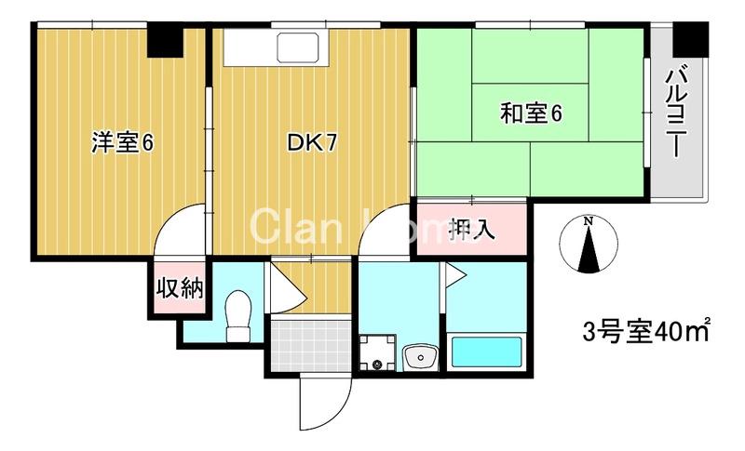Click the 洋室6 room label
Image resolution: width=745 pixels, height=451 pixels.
point(122,143)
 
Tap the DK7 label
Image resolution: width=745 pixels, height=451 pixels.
point(311,143)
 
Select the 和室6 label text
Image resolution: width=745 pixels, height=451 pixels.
point(531,114)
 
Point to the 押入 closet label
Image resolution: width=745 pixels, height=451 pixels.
point(472,229)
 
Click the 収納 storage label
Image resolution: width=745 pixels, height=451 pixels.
point(179,288)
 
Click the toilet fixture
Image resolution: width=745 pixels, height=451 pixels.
point(239,315)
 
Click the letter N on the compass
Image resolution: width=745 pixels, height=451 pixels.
point(589,221)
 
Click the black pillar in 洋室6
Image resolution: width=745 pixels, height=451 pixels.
point(166,43)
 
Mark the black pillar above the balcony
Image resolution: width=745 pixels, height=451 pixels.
point(690,38)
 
